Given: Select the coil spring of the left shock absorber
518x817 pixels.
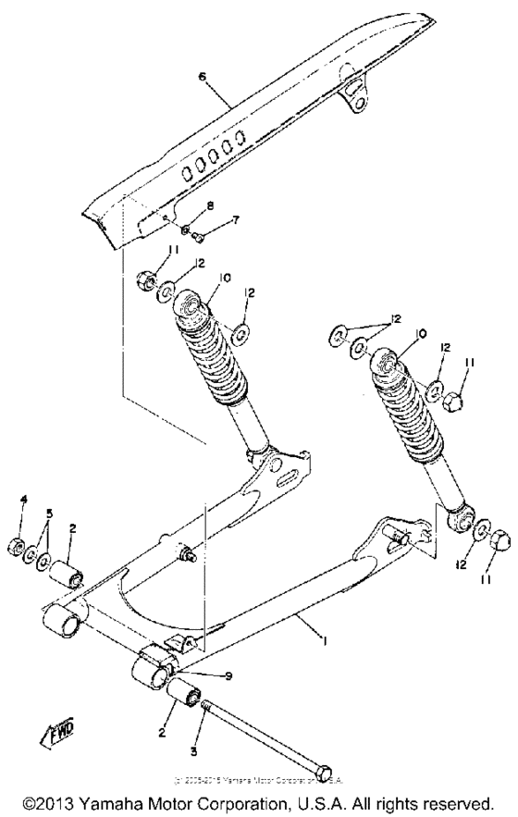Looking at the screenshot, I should point(214,360).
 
